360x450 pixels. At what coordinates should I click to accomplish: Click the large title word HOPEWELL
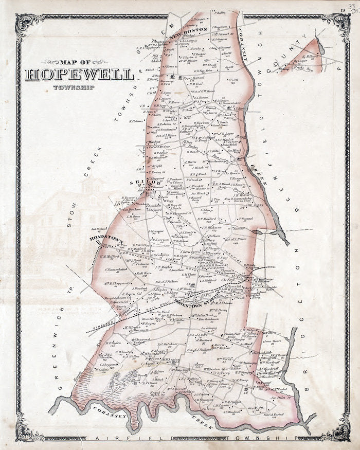pyautogui.click(x=79, y=75)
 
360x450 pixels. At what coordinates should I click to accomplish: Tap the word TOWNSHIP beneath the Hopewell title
pyautogui.click(x=67, y=87)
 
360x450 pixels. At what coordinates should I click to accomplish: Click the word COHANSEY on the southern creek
pyautogui.click(x=111, y=411)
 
